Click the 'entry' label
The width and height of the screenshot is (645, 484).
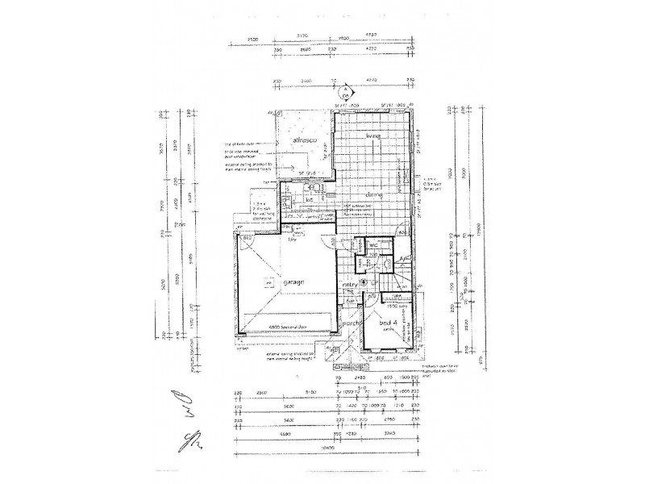pyautogui.click(x=351, y=284)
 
